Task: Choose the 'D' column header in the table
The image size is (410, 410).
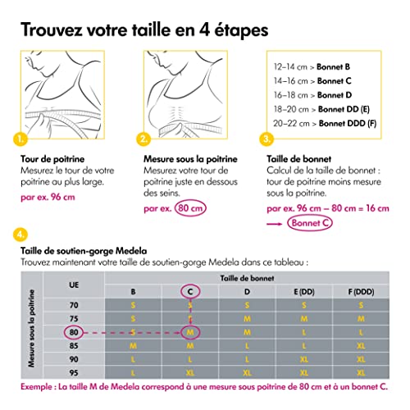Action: [x=247, y=291]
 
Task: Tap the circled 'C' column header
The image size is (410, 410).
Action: [x=189, y=291]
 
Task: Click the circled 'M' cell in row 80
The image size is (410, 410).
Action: [x=189, y=333]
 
